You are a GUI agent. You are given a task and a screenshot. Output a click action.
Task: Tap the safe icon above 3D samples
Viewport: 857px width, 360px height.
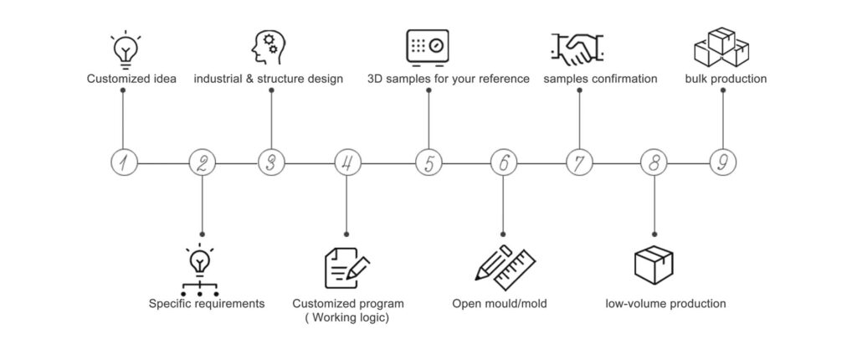point(428,47)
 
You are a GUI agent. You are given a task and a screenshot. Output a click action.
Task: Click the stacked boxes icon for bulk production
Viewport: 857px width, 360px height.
point(721,47)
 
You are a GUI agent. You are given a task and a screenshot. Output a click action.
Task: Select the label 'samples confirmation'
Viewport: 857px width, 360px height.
point(600,80)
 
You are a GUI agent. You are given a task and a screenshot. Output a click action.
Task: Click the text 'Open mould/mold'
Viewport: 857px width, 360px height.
point(500,303)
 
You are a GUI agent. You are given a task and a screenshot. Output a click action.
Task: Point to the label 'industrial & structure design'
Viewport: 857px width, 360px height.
point(269,80)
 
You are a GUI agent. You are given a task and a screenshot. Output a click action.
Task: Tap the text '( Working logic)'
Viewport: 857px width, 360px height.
point(347,317)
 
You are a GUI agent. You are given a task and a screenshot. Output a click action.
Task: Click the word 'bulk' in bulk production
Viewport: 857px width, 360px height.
point(698,80)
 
